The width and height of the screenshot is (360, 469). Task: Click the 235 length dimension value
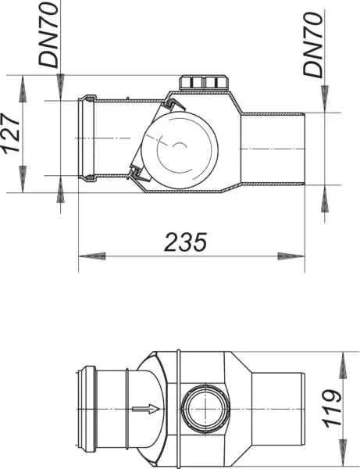click(x=186, y=242)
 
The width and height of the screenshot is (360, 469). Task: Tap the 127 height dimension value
click(x=12, y=134)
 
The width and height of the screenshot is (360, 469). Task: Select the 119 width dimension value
click(x=332, y=408)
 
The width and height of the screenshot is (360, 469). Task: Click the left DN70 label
click(x=48, y=35)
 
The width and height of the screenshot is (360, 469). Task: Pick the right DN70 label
click(x=313, y=45)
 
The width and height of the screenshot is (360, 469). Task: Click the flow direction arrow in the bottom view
click(x=146, y=409)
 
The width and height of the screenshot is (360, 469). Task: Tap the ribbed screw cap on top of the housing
click(x=204, y=82)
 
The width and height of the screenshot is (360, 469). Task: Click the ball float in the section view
click(x=180, y=150)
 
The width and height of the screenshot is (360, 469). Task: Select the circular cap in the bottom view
click(x=206, y=409)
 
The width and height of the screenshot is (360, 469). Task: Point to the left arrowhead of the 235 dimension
click(x=92, y=256)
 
